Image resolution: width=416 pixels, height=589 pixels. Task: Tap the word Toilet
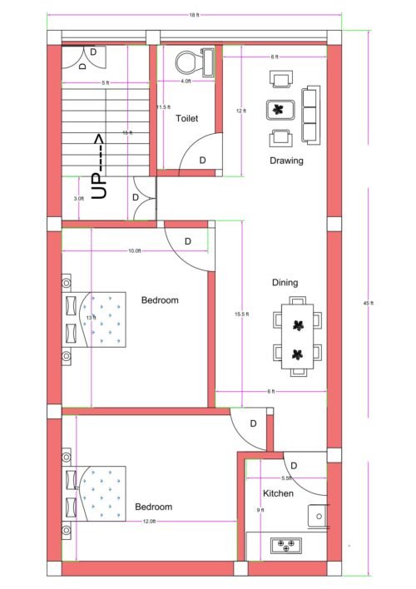(187, 119)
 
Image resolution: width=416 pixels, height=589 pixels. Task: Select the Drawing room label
(285, 161)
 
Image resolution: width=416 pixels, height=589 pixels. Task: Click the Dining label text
(285, 283)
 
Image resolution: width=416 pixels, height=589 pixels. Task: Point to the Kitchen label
(279, 494)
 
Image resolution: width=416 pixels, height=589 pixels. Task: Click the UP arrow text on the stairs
(99, 166)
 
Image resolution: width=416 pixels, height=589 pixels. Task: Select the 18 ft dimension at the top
(194, 15)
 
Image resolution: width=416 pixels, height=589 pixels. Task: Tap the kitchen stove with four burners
(285, 546)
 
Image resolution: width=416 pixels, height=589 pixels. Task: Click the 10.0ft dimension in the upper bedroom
(134, 250)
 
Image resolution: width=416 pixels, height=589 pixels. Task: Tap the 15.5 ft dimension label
(241, 314)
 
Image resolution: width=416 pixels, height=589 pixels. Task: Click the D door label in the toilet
(202, 161)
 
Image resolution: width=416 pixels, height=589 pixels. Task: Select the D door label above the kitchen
(295, 465)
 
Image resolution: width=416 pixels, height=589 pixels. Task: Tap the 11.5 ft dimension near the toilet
(163, 107)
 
